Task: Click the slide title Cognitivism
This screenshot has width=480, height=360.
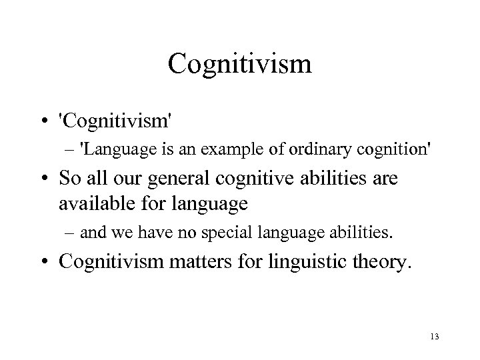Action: [239, 65]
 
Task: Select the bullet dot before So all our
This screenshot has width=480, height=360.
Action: [49, 179]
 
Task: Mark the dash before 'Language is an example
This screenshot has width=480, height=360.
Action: [71, 151]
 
